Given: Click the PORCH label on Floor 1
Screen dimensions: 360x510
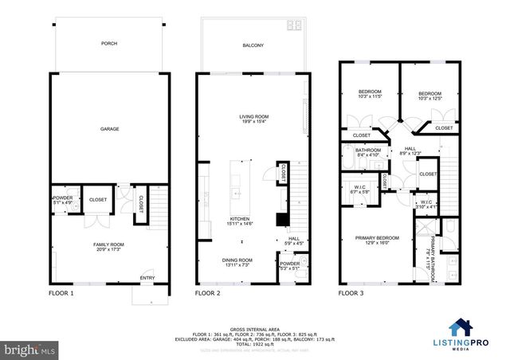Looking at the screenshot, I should pos(109,45).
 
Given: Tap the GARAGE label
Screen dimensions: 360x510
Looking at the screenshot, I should pos(109,128).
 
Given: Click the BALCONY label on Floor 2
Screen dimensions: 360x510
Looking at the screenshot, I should pos(253,45).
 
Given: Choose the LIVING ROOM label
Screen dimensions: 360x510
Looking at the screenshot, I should pos(253,116).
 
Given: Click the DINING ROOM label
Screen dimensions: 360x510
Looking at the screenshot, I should pos(237,260).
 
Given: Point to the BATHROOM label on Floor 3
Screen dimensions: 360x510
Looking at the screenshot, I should pos(368,150).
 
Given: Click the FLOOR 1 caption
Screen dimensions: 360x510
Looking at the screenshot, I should pos(61,293).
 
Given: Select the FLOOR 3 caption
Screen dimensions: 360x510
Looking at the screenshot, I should pos(351,293).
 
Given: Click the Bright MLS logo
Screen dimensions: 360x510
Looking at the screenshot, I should pos(29,349).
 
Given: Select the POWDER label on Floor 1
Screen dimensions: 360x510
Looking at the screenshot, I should pos(62,197).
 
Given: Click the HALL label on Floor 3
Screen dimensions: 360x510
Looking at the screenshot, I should pos(410,148).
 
